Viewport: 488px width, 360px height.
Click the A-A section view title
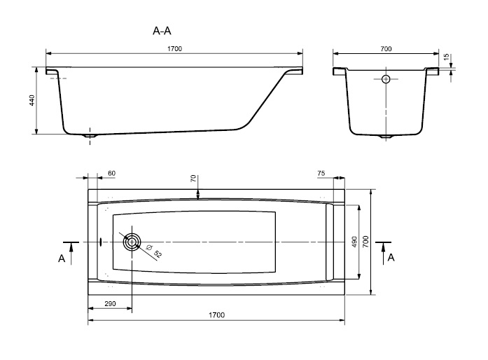click(x=162, y=31)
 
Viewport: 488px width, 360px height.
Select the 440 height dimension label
click(x=32, y=100)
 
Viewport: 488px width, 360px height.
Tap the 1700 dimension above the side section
click(x=174, y=48)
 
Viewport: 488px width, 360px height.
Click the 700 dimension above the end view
click(x=386, y=48)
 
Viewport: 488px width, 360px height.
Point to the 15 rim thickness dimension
click(x=446, y=57)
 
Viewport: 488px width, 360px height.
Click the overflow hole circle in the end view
click(x=386, y=79)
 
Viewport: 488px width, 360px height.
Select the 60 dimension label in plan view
click(x=111, y=173)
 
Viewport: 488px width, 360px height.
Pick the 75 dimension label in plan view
click(x=321, y=173)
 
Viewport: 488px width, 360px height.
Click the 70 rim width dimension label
click(x=193, y=179)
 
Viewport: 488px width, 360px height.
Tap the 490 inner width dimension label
click(x=354, y=242)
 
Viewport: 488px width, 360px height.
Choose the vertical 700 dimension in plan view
click(x=365, y=242)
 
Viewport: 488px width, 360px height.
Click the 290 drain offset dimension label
click(x=110, y=304)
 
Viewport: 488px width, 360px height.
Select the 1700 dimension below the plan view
click(x=216, y=315)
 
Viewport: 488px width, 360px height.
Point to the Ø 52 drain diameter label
click(x=154, y=251)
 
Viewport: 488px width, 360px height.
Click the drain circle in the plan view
click(x=132, y=242)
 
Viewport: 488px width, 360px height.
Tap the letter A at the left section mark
click(x=62, y=258)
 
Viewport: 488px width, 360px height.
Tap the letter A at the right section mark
click(x=391, y=258)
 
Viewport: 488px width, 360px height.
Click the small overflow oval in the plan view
click(x=101, y=242)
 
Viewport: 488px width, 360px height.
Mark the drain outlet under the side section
click(x=90, y=136)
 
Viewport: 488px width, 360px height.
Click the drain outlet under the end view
click(x=386, y=137)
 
